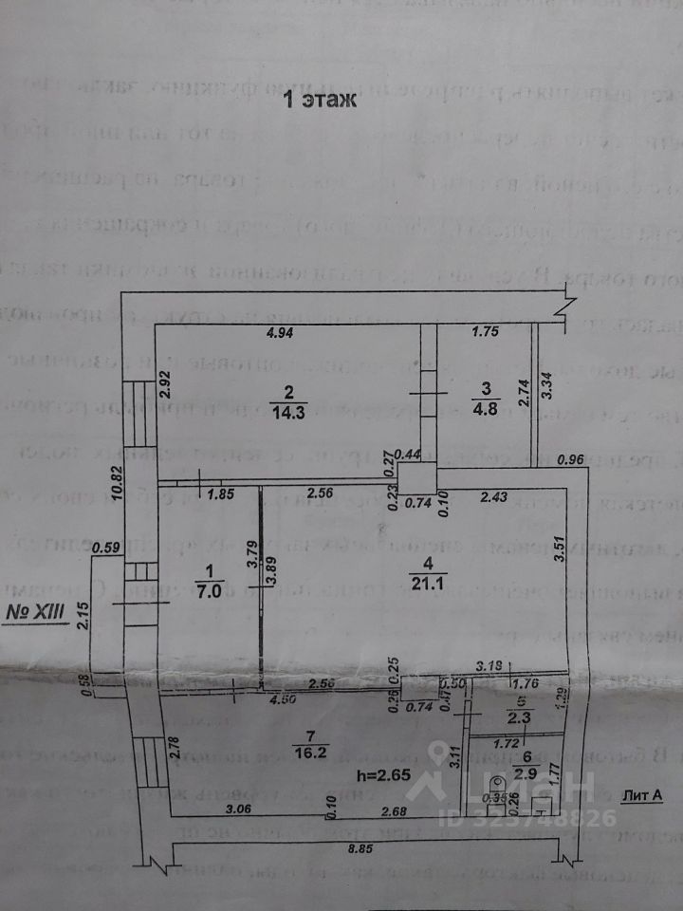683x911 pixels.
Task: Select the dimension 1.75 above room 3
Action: (x=487, y=333)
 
